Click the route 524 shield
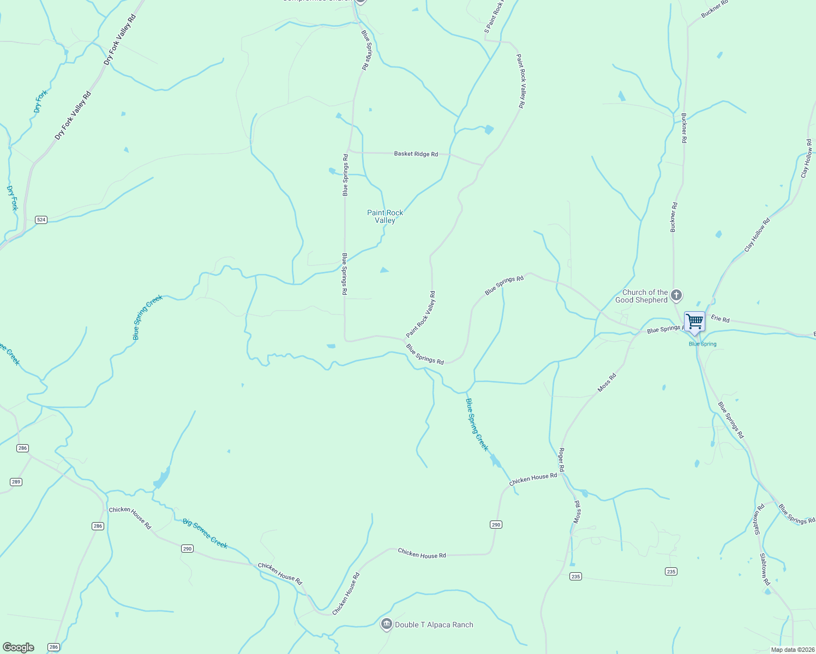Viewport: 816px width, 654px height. (x=41, y=220)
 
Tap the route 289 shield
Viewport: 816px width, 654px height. (x=16, y=482)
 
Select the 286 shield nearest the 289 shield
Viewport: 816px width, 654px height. (x=22, y=448)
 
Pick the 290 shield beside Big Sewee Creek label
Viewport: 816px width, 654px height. (x=187, y=548)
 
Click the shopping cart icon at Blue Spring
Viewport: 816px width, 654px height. (x=694, y=322)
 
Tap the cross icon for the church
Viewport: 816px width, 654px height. (x=676, y=296)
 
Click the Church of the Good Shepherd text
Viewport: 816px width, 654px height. (x=644, y=296)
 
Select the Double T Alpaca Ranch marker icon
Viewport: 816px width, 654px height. (x=386, y=624)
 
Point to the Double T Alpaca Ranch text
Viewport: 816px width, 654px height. (x=434, y=625)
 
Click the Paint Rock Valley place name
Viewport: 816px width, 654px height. (x=385, y=216)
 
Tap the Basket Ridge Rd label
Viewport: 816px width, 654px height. (x=416, y=154)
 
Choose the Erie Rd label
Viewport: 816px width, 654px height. (x=720, y=319)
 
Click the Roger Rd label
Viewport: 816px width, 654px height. (x=561, y=460)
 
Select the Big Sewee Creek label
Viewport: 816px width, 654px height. (x=205, y=533)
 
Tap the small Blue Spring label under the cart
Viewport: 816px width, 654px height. (x=703, y=344)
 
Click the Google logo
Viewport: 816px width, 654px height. (x=18, y=647)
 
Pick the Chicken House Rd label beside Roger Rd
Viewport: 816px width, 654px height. (x=533, y=479)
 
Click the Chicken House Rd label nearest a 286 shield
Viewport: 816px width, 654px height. (x=130, y=517)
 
